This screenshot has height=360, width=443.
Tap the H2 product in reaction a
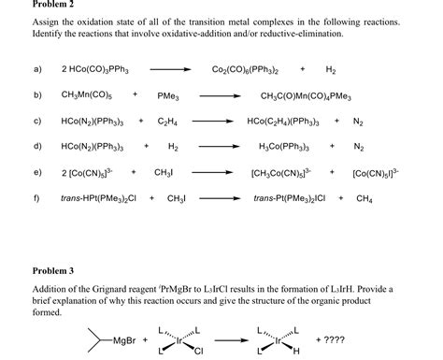point(331,69)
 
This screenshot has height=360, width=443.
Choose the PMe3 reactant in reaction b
point(168,94)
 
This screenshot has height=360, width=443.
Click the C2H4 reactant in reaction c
point(168,121)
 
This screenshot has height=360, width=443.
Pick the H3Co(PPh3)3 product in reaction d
point(285,147)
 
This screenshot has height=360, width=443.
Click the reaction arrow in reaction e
point(213,173)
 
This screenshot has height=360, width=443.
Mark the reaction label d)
point(37,147)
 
